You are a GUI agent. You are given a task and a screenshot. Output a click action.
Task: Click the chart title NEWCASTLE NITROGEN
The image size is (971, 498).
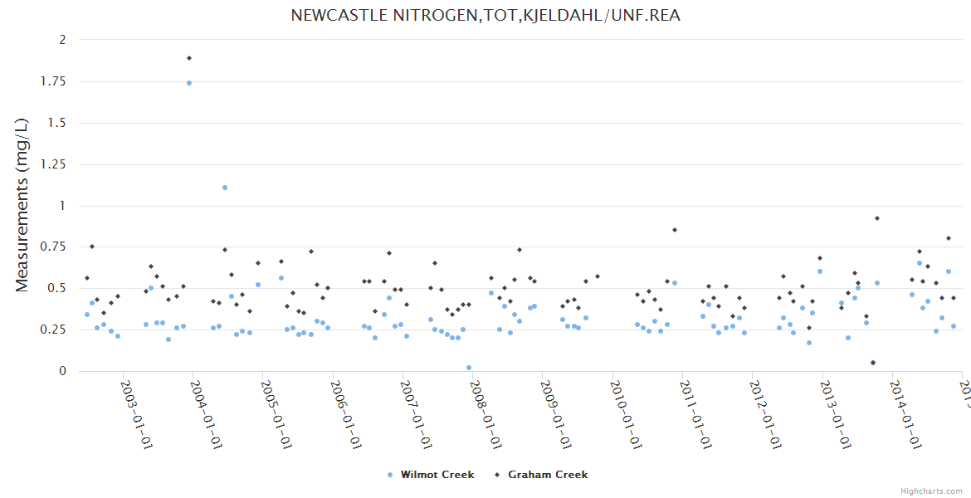486,15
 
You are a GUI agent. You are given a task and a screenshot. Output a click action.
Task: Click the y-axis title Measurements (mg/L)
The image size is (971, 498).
22,204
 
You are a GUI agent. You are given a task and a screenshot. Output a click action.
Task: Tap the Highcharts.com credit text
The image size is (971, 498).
932,491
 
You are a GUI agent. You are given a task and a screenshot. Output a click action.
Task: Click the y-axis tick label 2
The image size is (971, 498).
62,40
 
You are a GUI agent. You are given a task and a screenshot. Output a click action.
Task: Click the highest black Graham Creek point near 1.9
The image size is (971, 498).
189,58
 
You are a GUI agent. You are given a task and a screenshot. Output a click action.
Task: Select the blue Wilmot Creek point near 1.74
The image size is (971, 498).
189,83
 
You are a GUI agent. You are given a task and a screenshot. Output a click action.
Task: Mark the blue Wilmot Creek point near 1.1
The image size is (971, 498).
225,188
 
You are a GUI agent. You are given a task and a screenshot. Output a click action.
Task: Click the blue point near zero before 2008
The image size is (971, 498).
469,368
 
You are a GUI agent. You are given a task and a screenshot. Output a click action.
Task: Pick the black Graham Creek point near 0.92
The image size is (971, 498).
877,218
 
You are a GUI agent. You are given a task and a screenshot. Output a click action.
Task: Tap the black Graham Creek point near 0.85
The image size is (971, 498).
675,230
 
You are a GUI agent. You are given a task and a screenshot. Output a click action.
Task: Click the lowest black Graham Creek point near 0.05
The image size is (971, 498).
873,363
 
